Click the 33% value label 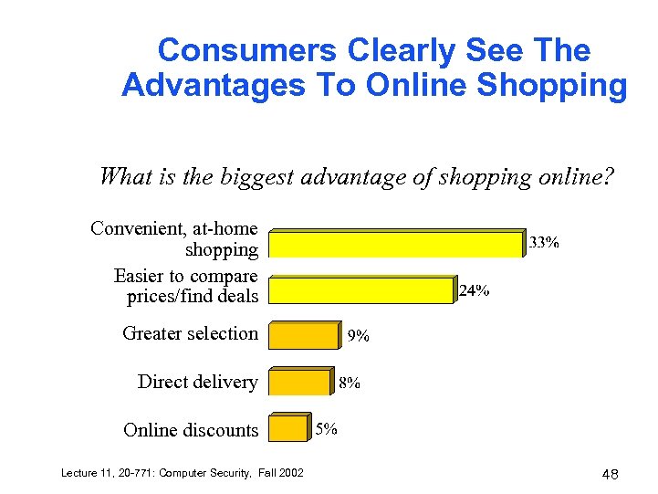tap(545, 243)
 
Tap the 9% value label tap(359, 336)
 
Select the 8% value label tap(350, 384)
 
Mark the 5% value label tap(327, 427)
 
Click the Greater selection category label tap(190, 333)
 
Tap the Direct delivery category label tap(197, 382)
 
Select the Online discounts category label tap(191, 430)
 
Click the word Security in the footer tap(214, 472)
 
